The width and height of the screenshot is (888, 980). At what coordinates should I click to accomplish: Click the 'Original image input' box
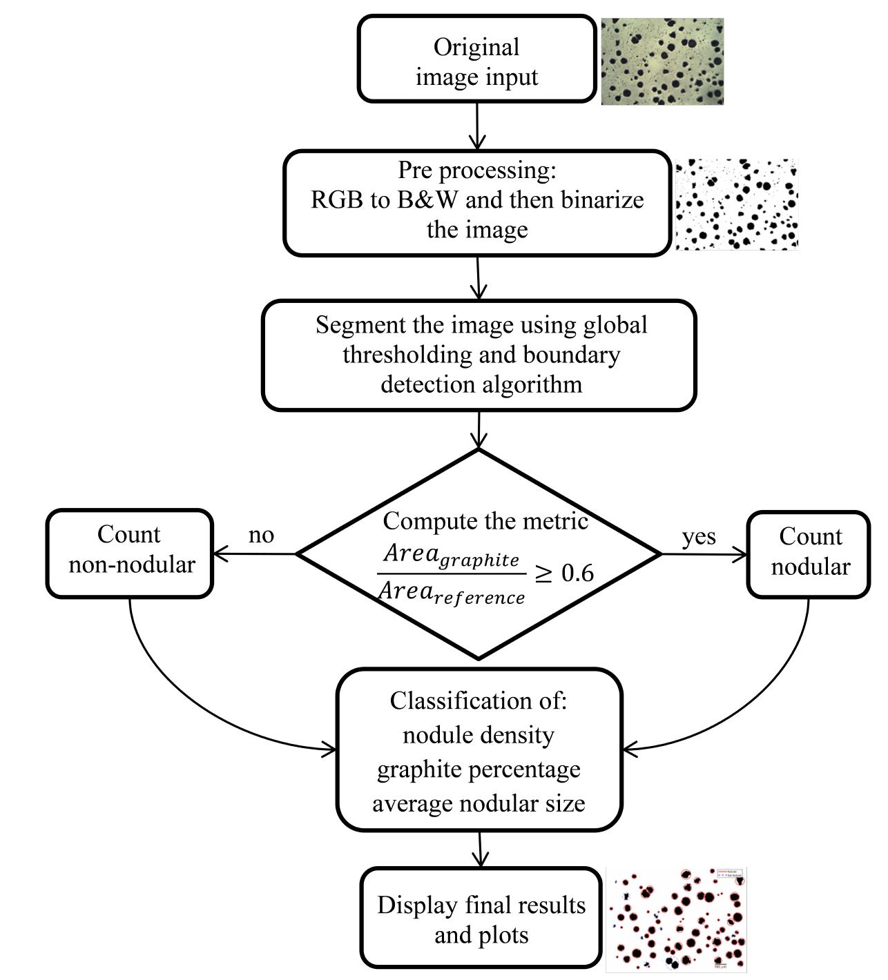pyautogui.click(x=476, y=61)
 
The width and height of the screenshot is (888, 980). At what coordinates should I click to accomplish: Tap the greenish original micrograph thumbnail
pyautogui.click(x=662, y=62)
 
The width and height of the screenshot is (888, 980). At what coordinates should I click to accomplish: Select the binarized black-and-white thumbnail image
pyautogui.click(x=736, y=204)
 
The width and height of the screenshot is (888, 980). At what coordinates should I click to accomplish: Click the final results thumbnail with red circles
pyautogui.click(x=676, y=919)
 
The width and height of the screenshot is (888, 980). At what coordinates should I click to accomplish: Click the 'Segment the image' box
pyautogui.click(x=479, y=355)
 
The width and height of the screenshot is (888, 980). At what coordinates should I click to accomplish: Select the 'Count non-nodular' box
pyautogui.click(x=130, y=553)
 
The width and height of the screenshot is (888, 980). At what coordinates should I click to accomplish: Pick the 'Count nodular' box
pyautogui.click(x=809, y=553)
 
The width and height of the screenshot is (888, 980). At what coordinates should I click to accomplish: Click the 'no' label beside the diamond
pyautogui.click(x=261, y=535)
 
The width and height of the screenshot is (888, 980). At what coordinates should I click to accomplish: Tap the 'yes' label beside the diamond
pyautogui.click(x=699, y=536)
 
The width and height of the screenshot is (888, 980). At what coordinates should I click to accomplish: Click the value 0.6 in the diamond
pyautogui.click(x=577, y=573)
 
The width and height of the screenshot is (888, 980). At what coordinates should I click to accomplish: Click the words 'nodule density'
pyautogui.click(x=478, y=735)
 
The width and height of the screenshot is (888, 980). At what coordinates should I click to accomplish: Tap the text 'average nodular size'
pyautogui.click(x=478, y=803)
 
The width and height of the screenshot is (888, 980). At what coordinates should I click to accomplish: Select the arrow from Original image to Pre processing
pyautogui.click(x=477, y=126)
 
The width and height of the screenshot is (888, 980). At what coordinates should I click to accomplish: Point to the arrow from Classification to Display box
pyautogui.click(x=479, y=849)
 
